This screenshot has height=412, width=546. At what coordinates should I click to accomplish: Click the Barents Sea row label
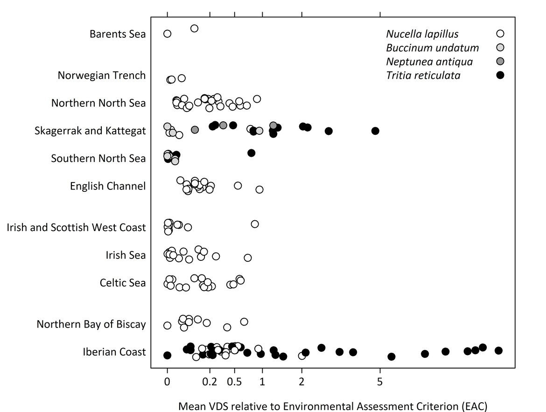118,34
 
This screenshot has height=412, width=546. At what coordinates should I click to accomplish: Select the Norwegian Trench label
102,75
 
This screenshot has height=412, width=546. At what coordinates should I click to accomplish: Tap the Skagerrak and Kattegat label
90,131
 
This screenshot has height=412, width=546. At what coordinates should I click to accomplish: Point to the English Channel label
108,186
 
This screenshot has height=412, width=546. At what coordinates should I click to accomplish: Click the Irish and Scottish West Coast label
76,228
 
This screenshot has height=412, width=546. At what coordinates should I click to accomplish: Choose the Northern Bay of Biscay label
91,324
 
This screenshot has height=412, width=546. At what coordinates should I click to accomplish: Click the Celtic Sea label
123,283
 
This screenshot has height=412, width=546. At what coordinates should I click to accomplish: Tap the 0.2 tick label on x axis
210,382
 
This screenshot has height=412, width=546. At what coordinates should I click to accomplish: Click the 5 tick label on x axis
380,382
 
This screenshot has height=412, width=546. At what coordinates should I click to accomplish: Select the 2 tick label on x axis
302,382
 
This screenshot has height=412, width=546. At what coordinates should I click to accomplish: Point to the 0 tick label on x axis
167,382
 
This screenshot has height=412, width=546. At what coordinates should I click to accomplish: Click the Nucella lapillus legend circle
500,34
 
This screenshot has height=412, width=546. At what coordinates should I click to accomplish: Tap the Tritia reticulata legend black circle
500,75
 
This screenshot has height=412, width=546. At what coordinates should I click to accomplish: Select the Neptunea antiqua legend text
429,62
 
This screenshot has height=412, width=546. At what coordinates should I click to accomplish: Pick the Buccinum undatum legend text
433,48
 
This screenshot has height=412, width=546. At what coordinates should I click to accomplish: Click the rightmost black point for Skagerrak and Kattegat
375,131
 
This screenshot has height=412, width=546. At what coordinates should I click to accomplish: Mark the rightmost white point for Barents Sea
194,28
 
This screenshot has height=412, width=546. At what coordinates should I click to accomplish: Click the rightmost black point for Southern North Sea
251,153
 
